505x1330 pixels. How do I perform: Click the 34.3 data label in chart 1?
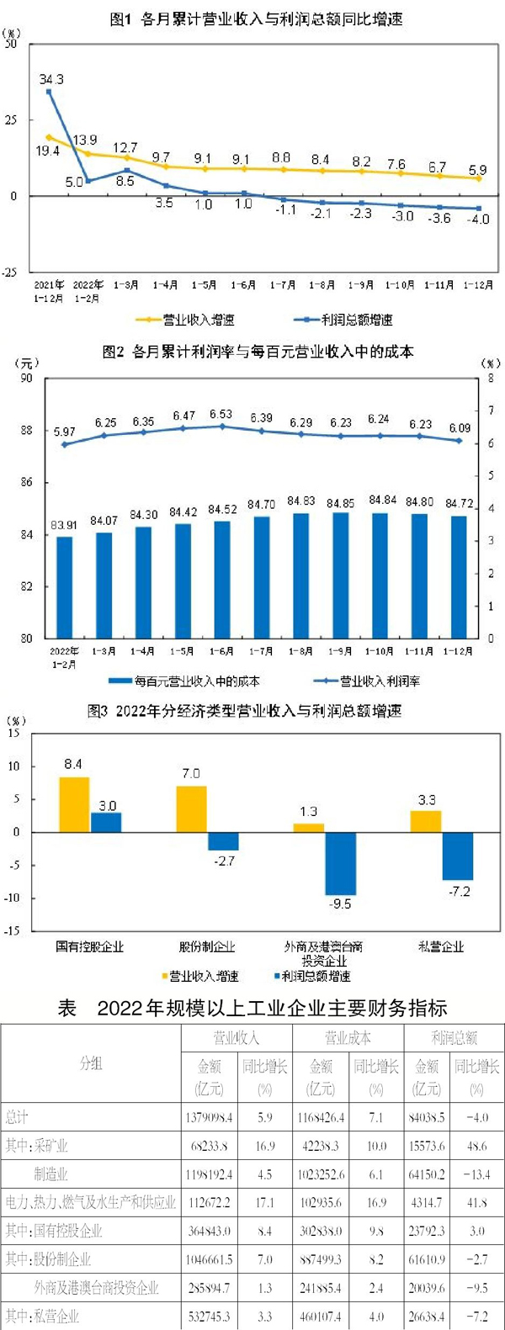point(51,79)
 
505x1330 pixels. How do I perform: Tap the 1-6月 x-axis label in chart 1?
point(243,285)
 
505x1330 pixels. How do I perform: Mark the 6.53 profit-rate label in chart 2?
point(221,415)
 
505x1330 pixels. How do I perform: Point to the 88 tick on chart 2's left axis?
point(27,430)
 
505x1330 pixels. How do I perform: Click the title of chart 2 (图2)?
point(258,352)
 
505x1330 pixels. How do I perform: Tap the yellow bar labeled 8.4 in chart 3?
point(74,804)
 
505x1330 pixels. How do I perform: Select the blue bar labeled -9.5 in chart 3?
point(341,863)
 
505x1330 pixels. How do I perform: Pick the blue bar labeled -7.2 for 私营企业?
point(459,856)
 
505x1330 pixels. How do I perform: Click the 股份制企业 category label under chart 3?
point(207,946)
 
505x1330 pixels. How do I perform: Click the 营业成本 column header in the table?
point(348,1038)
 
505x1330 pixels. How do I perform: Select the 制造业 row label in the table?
point(50,1174)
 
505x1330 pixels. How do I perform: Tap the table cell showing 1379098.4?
point(209,1118)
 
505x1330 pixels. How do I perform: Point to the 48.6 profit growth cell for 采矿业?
point(476,1146)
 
